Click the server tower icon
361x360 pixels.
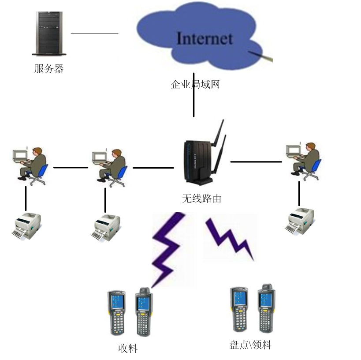point(49,34)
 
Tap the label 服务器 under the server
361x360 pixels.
point(49,68)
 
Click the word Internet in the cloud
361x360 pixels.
point(204,38)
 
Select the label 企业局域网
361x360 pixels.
point(195,84)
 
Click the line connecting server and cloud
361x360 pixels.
point(94,33)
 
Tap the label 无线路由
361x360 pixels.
point(201,199)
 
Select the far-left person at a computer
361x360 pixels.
point(30,164)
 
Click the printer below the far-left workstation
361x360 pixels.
point(26,225)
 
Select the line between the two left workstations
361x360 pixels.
point(71,167)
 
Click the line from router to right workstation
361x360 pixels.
point(256,162)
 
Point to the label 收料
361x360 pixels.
point(128,349)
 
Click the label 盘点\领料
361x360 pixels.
point(250,345)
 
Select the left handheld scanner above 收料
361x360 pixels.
point(116,312)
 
